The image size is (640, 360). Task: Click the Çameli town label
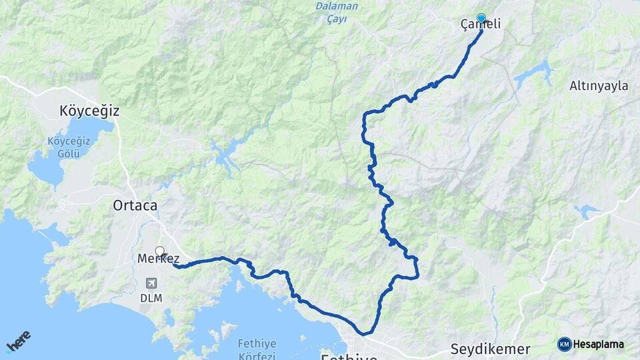(481, 25)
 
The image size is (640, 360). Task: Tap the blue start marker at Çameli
(481, 18)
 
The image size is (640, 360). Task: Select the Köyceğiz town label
(89, 111)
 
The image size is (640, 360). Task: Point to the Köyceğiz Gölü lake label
(64, 147)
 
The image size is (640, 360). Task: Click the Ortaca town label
(135, 206)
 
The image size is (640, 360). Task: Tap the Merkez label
(158, 259)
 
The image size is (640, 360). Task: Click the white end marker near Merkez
(159, 251)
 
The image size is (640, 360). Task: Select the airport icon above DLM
(151, 284)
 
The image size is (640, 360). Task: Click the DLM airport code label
(151, 299)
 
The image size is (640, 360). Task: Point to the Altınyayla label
(599, 85)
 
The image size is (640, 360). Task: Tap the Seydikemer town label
(490, 349)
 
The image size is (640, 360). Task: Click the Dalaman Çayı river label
(336, 13)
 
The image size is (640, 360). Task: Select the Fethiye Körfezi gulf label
(257, 350)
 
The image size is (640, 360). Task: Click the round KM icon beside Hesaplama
(564, 344)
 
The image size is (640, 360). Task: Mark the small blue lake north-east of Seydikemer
(587, 212)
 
